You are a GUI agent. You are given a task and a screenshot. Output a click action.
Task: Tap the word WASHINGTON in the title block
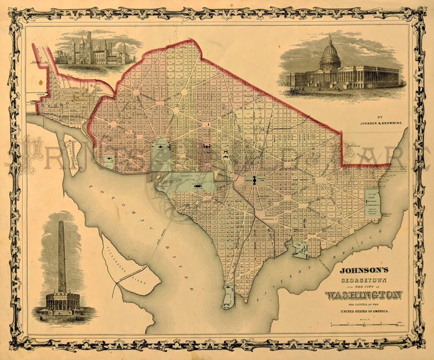(364, 295)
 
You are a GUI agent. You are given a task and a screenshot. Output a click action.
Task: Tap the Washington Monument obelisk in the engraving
(62, 256)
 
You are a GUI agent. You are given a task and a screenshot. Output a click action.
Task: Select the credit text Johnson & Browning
(381, 123)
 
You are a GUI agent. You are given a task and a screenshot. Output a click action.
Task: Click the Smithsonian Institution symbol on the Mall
(198, 185)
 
